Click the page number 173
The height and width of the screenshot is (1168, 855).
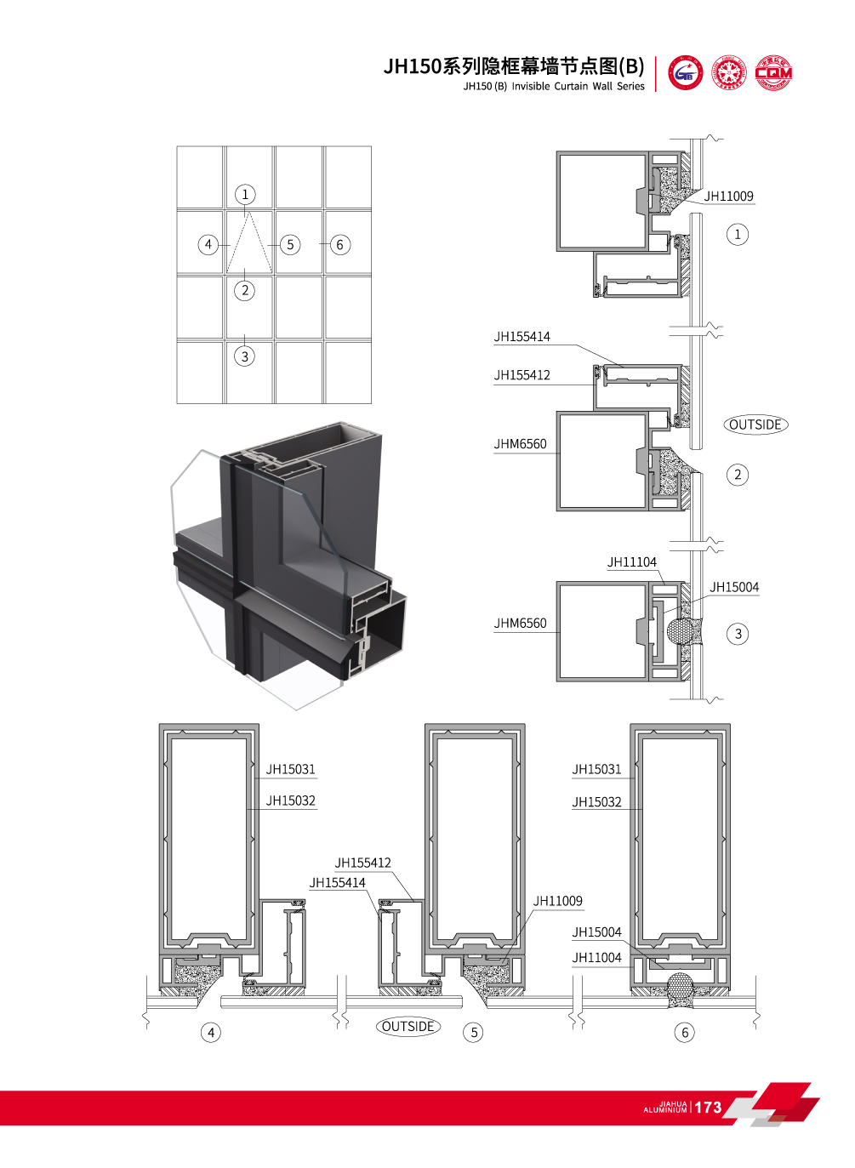[708, 1108]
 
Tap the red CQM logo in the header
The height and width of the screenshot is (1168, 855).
[773, 73]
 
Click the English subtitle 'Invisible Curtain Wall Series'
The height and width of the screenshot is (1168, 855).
[578, 86]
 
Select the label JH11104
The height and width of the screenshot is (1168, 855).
[631, 562]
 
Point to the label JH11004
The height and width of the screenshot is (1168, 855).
[596, 958]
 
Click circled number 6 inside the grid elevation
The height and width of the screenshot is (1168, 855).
[339, 245]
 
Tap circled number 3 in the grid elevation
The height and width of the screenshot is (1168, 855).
[245, 356]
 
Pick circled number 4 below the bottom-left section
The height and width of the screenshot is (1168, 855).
[211, 1033]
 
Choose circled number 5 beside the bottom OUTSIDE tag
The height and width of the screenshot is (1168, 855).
[475, 1033]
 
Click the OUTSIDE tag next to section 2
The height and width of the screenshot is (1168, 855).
[755, 424]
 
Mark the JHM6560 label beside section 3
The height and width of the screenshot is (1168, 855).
[520, 624]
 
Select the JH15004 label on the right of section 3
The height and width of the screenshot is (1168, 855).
[734, 588]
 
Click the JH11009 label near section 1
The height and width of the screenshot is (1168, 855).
[728, 197]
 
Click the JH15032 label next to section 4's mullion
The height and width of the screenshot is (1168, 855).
[290, 801]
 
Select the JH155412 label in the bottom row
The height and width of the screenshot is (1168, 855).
[362, 863]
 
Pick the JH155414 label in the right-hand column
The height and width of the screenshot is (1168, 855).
[522, 337]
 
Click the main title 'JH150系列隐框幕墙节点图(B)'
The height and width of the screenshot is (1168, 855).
[513, 66]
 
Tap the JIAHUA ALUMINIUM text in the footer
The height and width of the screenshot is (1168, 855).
[665, 1108]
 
